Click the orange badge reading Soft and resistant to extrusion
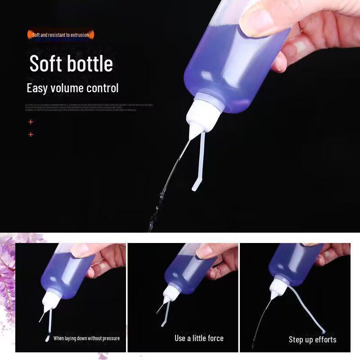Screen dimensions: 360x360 (x=60, y=35)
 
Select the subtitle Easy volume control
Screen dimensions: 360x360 (x=72, y=88)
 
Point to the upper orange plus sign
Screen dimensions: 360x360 (x=31, y=121)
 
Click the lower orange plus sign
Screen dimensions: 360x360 (x=31, y=134)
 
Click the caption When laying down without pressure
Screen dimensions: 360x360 (x=86, y=338)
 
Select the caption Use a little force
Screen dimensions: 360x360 (x=199, y=338)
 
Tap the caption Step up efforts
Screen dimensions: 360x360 (x=312, y=340)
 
